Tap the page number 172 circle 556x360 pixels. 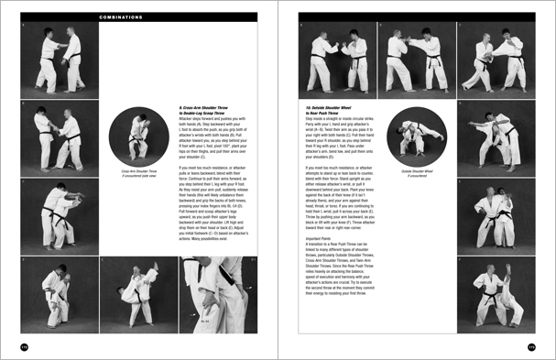[24, 345]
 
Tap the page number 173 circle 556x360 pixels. [531, 345]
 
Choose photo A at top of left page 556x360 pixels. [57, 60]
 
